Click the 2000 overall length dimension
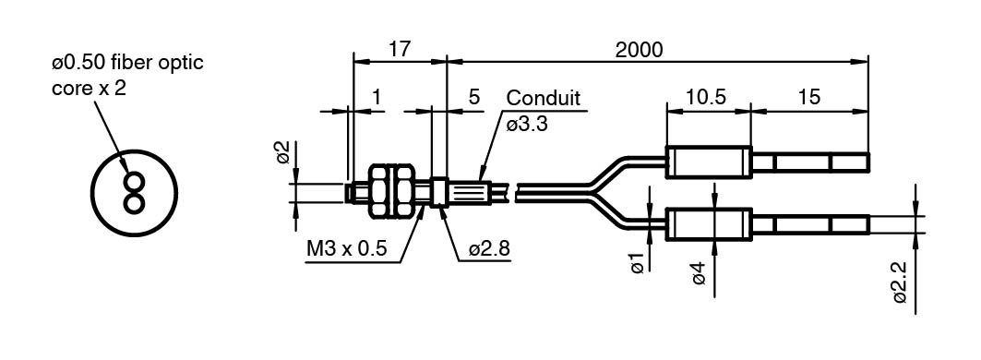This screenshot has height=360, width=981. [639, 50]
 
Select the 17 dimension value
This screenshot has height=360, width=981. [400, 50]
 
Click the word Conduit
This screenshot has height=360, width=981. [543, 98]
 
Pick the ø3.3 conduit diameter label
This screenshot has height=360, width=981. [527, 124]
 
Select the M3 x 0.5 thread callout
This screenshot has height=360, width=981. [346, 250]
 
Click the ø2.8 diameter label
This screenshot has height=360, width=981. [489, 250]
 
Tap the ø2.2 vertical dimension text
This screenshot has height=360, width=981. [901, 283]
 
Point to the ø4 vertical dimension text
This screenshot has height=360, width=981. [699, 273]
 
